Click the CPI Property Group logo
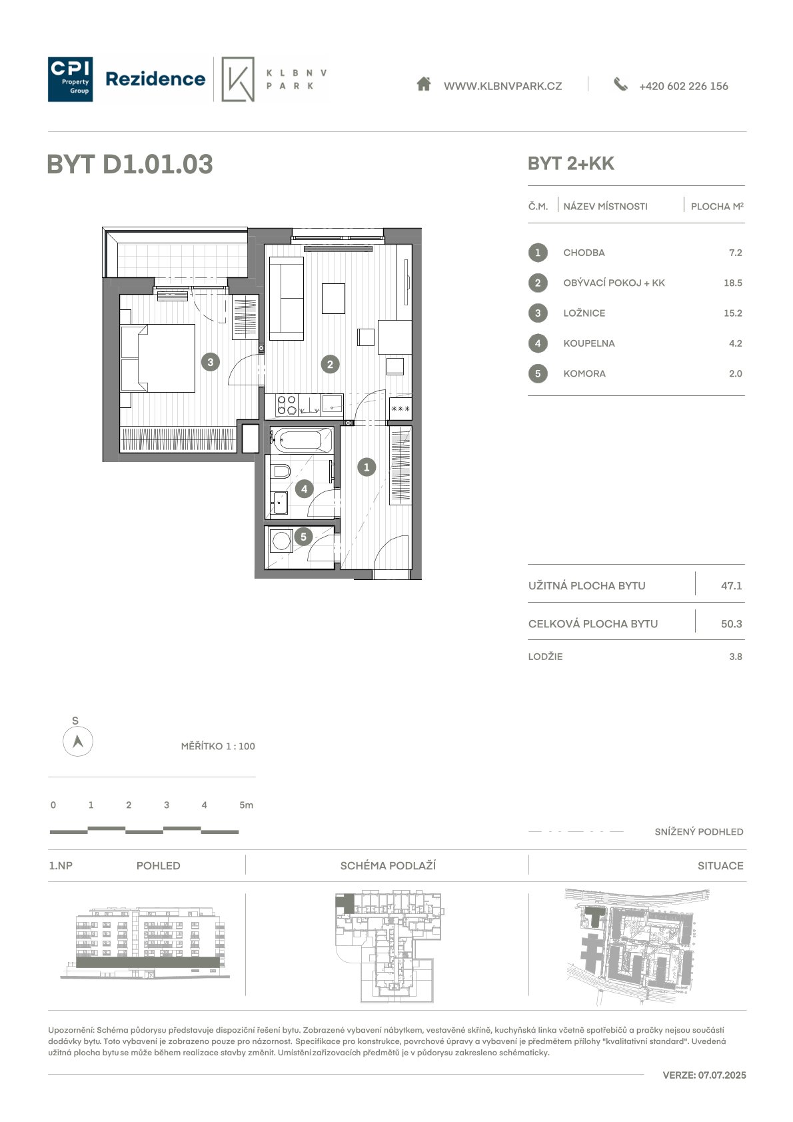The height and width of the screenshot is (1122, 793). (70, 79)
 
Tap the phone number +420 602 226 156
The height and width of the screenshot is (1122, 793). (683, 86)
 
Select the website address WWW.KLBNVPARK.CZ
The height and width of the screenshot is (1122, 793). (502, 86)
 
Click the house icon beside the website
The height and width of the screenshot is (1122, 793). (424, 83)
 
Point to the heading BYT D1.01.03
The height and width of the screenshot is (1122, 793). (130, 164)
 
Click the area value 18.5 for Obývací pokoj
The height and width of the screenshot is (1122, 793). (733, 283)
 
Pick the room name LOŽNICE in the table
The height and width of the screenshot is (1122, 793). (584, 313)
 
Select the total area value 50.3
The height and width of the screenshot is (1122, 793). (732, 623)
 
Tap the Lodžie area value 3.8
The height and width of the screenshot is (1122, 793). (736, 657)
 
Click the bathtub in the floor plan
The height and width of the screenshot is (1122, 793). (301, 440)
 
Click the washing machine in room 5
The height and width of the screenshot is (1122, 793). (281, 541)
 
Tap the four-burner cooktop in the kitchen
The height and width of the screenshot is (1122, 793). (287, 405)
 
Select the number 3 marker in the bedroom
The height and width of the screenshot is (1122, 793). (211, 362)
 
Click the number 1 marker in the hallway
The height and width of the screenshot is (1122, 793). (367, 467)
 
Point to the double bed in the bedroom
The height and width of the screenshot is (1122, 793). (158, 358)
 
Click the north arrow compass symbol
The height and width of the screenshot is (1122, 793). (77, 741)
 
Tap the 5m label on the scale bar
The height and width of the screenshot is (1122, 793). (247, 805)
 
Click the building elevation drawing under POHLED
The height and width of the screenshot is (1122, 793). (145, 942)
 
